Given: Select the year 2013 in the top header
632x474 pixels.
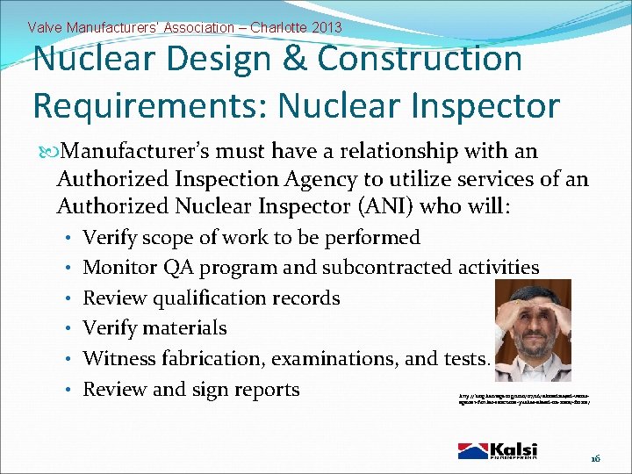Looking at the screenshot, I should pos(324,28).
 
